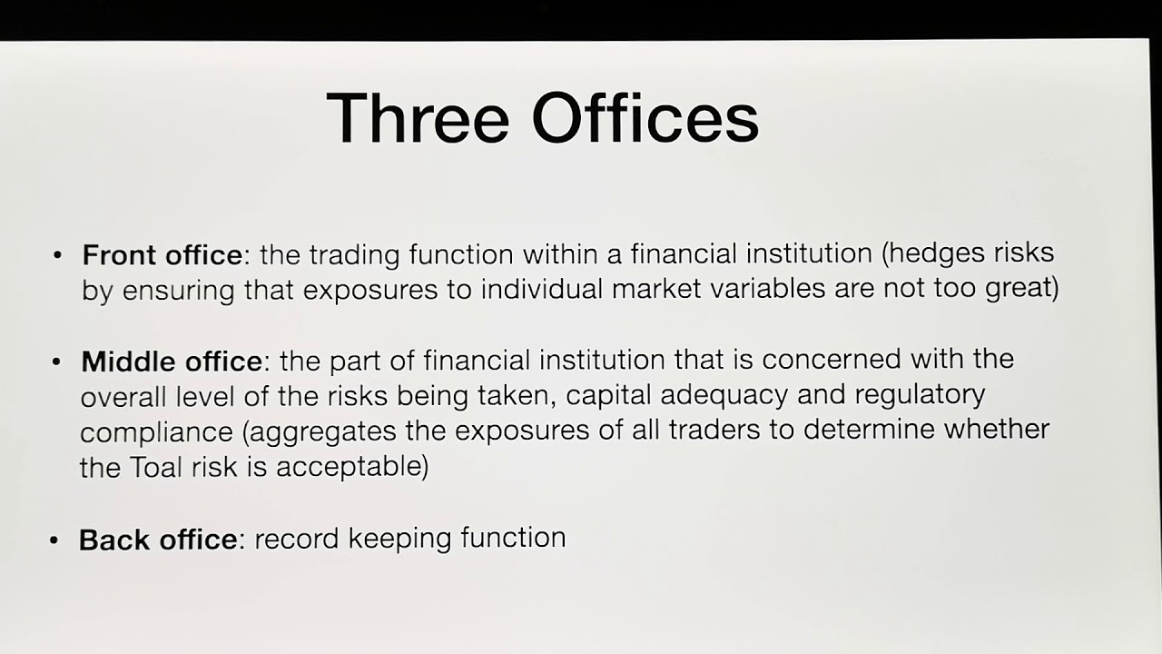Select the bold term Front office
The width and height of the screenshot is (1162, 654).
tap(162, 256)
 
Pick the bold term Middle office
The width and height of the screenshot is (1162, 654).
tap(172, 362)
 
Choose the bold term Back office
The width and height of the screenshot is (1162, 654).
tap(158, 540)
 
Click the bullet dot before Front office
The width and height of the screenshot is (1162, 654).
tap(59, 256)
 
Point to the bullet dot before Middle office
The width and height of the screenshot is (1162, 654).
tap(57, 362)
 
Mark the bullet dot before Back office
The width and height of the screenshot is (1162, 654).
tap(54, 540)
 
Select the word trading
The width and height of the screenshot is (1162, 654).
tap(356, 254)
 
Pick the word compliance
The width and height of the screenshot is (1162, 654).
tap(156, 432)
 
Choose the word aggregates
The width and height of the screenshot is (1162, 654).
tap(324, 431)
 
